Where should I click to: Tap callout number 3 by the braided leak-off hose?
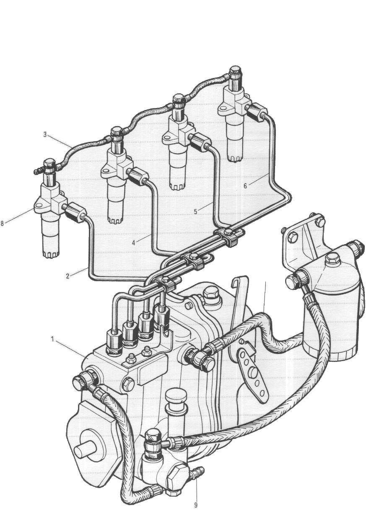45,135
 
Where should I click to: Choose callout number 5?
195,211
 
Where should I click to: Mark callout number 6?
245,186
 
